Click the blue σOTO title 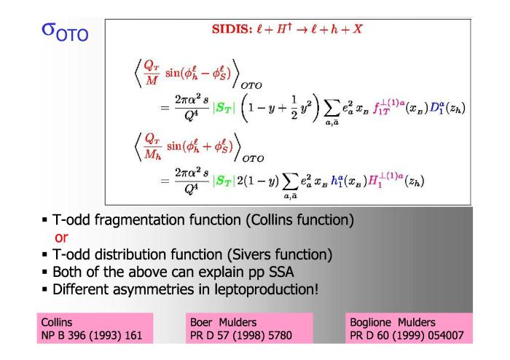(65, 32)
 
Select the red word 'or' (61, 238)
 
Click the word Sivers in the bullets (249, 254)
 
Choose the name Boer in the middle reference (201, 322)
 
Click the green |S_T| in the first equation (224, 108)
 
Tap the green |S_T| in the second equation (224, 181)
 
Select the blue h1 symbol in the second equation (337, 180)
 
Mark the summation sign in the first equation (331, 109)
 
